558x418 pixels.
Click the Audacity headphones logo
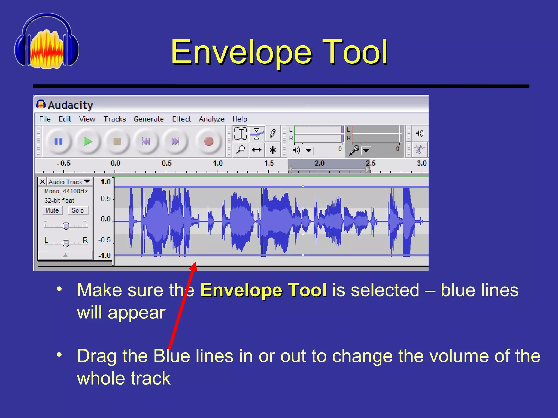click(x=47, y=41)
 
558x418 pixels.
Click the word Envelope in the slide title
click(x=241, y=52)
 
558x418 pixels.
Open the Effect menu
click(x=181, y=119)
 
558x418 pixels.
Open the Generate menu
click(x=149, y=119)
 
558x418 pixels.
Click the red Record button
click(x=209, y=142)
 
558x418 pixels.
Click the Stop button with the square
click(x=117, y=142)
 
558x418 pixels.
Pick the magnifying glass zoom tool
click(x=240, y=150)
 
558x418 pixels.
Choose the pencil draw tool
click(x=273, y=134)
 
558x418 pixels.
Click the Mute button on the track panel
click(x=52, y=210)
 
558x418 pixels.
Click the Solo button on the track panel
click(x=78, y=210)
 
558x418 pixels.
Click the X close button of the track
click(x=43, y=182)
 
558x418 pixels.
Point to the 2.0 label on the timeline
click(x=319, y=163)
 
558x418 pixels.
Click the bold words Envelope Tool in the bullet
click(x=263, y=290)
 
